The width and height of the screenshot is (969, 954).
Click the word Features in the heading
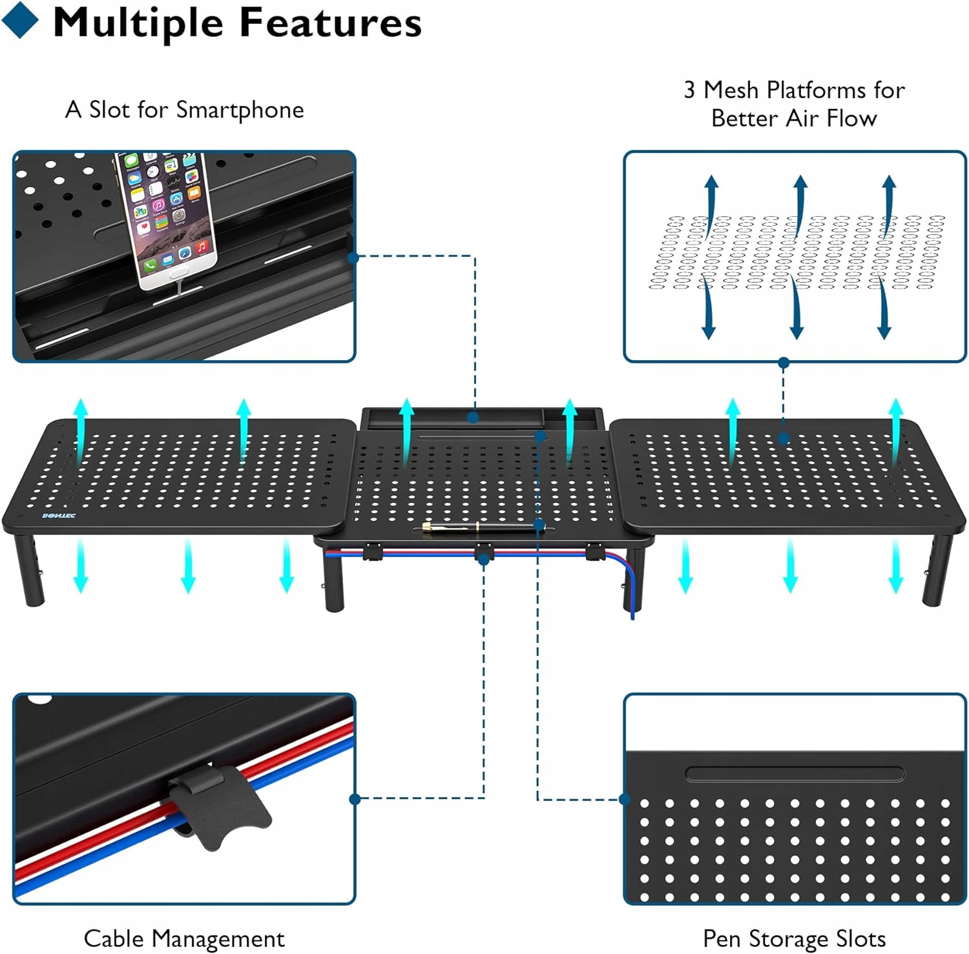pos(330,23)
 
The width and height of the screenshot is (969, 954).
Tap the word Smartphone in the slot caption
pos(240,110)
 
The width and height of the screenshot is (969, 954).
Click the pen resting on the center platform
pos(482,527)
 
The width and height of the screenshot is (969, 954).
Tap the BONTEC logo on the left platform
pos(59,516)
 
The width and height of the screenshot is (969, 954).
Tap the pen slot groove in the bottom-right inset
pos(795,773)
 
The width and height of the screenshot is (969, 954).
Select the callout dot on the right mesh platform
pos(784,439)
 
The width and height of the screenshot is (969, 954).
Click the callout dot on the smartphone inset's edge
pos(353,258)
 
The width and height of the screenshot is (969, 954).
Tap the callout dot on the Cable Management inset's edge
pos(355,799)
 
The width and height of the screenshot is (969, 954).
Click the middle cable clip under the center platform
pos(483,552)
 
